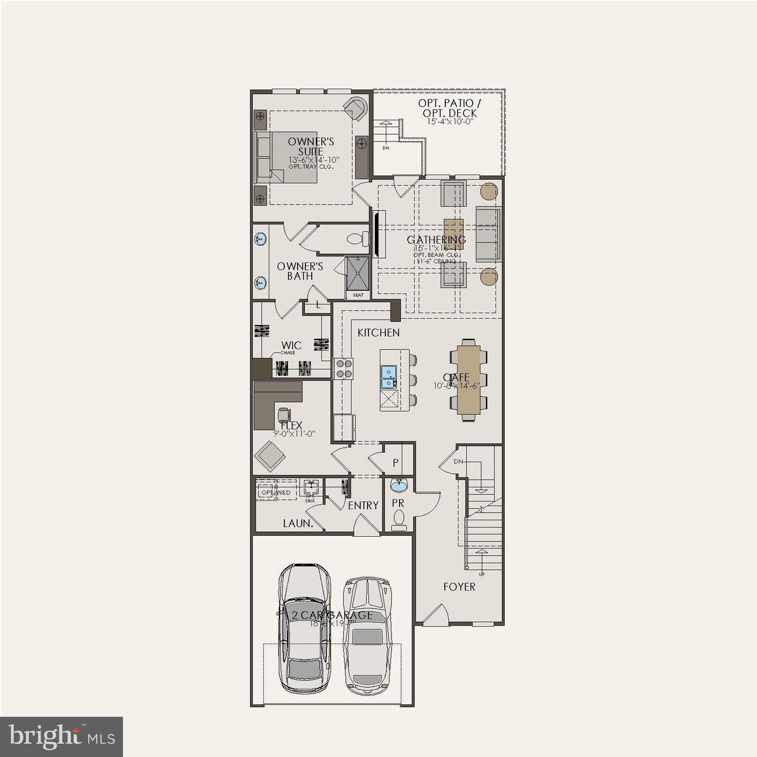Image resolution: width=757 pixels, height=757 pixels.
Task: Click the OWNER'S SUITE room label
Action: [x=311, y=147]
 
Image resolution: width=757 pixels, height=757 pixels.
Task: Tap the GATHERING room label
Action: [x=436, y=240]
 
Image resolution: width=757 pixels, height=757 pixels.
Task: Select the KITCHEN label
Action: [x=378, y=333]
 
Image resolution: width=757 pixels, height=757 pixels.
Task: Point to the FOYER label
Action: [x=459, y=587]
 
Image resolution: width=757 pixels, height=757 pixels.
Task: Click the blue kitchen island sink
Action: [x=388, y=377]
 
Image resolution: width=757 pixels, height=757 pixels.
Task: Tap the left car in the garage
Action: [x=304, y=628]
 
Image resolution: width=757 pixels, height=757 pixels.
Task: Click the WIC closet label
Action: [x=291, y=345]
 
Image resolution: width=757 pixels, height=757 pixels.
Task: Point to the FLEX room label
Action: [x=291, y=425]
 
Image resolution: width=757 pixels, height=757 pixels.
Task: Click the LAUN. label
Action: [x=298, y=523]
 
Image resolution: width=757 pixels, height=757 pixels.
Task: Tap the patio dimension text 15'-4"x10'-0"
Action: [x=451, y=121]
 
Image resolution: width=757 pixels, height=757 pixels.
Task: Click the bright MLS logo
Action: [x=62, y=736]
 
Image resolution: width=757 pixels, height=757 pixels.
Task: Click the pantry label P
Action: [x=395, y=463]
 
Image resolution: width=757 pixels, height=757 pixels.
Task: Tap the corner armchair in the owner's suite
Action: [x=355, y=109]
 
